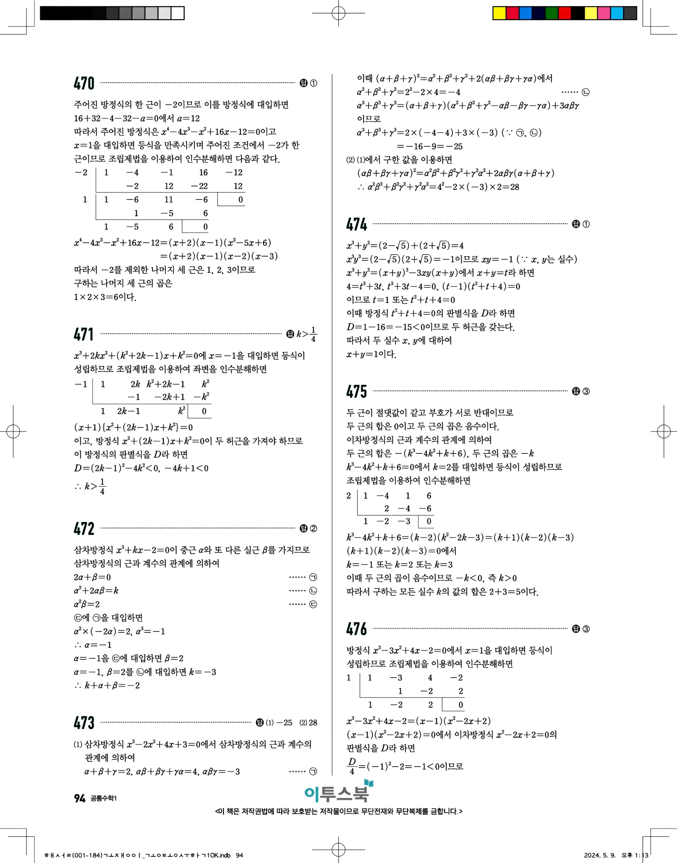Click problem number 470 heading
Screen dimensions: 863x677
[x=84, y=83]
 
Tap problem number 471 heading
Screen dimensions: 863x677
[x=84, y=334]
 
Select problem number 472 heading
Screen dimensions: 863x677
[x=84, y=529]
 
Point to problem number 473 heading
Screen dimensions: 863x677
[x=84, y=723]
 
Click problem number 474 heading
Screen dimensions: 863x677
[x=356, y=225]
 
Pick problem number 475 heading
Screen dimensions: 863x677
[x=356, y=391]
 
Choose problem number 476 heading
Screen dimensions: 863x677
[x=356, y=629]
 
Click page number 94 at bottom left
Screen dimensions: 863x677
[x=80, y=798]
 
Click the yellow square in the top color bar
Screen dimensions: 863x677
[x=499, y=13]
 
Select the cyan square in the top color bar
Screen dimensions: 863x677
[x=617, y=13]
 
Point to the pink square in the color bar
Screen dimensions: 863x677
[x=604, y=13]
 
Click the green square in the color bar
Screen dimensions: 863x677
[x=551, y=13]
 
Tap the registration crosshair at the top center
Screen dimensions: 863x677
[x=338, y=13]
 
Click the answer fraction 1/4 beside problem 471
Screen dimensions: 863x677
[x=313, y=334]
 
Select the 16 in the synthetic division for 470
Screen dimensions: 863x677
[x=203, y=173]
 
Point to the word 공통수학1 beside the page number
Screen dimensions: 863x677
[x=104, y=798]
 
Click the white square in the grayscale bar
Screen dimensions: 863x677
[x=178, y=13]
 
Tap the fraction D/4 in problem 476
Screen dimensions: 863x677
[x=352, y=766]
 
